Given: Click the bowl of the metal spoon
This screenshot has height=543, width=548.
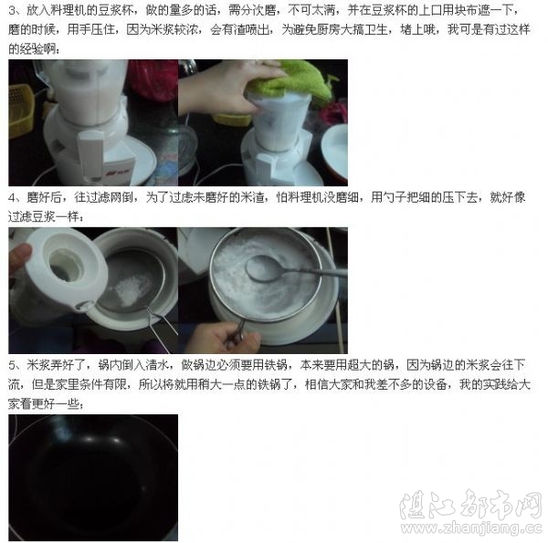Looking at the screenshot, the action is coord(265,268).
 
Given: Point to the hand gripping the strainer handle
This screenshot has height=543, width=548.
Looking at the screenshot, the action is coord(224,337).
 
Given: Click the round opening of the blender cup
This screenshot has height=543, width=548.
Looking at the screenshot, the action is coord(67,264).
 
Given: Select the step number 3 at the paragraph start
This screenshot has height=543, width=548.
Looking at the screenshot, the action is coord(12,10).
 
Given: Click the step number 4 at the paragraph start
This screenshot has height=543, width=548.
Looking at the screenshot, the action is coord(12,197).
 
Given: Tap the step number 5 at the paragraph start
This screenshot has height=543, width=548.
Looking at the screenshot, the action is coord(12,365).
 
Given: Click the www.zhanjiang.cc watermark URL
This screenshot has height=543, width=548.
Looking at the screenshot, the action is coord(471,527).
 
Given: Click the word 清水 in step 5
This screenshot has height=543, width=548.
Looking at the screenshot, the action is coord(158,365).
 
